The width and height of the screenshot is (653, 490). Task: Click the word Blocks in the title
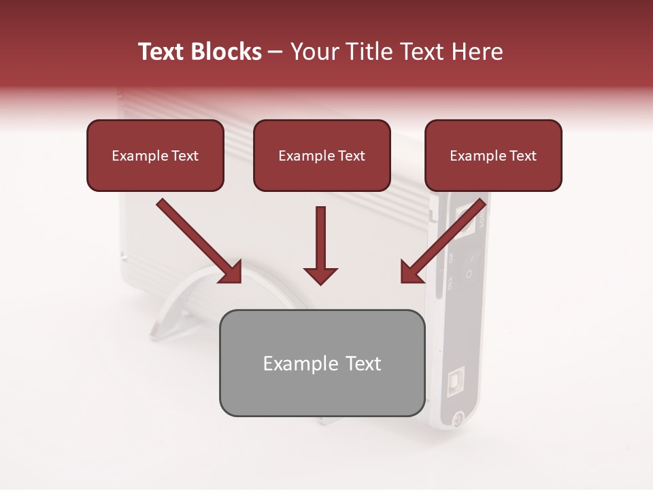pos(227,52)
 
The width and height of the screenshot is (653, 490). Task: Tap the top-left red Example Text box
pos(155,155)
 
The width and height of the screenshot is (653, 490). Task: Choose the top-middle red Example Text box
pos(322,155)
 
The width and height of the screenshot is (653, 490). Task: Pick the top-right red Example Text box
pos(493,155)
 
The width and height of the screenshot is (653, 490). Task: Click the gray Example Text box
pos(322,363)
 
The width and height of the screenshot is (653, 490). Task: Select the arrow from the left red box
pos(197,240)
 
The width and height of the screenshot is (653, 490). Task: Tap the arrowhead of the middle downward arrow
pos(320,274)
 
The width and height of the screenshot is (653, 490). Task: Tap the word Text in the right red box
pos(522,155)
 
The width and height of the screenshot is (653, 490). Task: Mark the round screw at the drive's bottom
pos(458,418)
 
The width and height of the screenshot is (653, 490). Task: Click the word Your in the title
pos(315,52)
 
